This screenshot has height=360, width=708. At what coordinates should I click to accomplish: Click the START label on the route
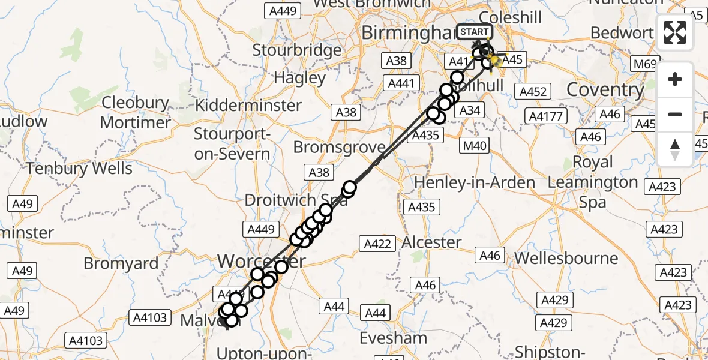point(475,32)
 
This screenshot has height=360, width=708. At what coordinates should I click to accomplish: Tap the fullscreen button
point(675,33)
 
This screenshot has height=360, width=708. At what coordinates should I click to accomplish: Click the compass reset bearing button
point(675,149)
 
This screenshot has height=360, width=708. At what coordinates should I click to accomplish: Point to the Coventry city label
point(605,90)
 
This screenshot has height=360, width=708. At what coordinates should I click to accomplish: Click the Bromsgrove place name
point(339,148)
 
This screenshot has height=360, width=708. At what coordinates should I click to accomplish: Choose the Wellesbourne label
point(566,259)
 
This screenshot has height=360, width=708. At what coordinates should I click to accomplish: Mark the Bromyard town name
point(121,263)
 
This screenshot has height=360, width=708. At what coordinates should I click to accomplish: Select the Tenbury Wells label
point(79,168)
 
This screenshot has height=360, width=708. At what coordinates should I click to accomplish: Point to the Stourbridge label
point(296,50)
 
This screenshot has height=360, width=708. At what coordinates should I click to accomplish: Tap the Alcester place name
point(432,242)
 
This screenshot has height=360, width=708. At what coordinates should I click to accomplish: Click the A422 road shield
point(377,244)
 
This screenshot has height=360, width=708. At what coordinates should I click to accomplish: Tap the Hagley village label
point(299,77)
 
